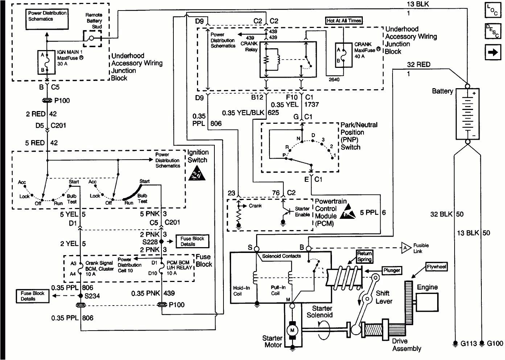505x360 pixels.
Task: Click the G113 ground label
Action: click(468, 343)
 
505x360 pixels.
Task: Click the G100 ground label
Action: click(495, 343)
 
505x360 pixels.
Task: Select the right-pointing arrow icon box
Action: click(493, 52)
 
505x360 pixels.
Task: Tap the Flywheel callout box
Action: click(436, 267)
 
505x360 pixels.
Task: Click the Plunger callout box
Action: click(392, 270)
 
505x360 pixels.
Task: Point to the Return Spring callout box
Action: click(365, 257)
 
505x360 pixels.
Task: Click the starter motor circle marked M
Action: click(292, 330)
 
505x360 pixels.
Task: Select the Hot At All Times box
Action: click(344, 21)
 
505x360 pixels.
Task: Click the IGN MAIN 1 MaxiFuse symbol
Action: click(46, 62)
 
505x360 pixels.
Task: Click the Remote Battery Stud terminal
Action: click(92, 38)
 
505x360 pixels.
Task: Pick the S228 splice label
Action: click(150, 242)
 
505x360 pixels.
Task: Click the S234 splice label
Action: click(92, 296)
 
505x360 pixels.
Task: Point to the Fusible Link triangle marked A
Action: click(406, 248)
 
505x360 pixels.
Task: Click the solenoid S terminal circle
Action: click(256, 249)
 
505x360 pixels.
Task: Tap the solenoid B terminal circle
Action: click(308, 249)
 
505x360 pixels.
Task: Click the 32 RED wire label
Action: click(419, 65)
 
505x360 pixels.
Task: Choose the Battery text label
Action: click(442, 91)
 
